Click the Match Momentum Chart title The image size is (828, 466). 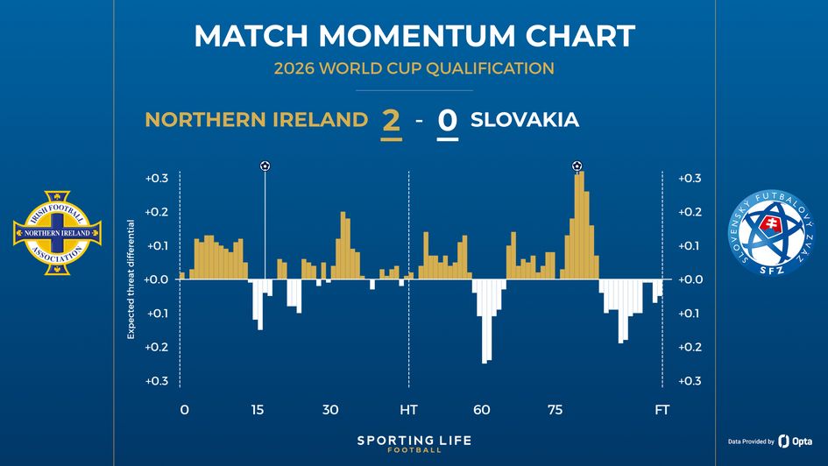point(414,36)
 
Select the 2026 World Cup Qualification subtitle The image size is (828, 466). point(414,68)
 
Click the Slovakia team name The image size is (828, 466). point(525,120)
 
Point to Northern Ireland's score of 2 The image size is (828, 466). point(391,121)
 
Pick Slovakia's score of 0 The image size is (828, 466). point(447,121)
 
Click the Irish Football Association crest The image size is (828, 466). point(57,232)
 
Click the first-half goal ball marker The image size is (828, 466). point(265,166)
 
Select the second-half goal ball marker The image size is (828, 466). point(577,166)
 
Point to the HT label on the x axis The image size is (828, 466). point(408,409)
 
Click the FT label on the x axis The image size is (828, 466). point(662,409)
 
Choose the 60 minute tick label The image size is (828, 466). point(482,409)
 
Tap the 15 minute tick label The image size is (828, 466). point(258,409)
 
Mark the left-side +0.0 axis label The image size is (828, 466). point(157,279)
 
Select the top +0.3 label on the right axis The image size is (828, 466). point(690,179)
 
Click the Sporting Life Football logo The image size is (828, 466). point(414,443)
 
